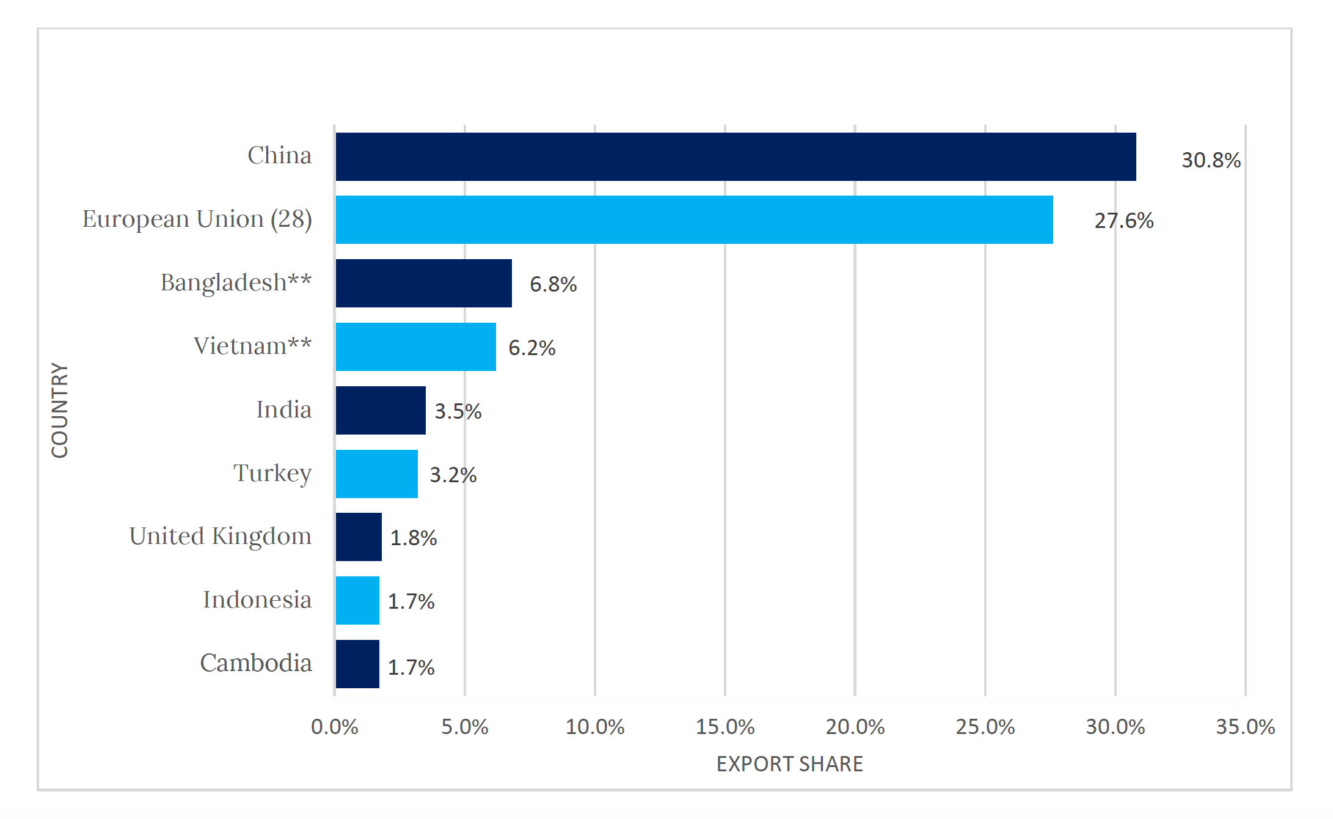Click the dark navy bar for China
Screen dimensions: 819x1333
tap(736, 156)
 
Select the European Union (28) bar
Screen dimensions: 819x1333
tap(694, 220)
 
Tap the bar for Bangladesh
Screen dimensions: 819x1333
tap(423, 283)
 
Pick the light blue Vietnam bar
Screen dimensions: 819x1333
tap(415, 347)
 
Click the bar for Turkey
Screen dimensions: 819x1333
tap(376, 474)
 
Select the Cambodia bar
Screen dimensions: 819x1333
tap(357, 664)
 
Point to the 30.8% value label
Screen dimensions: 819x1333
tap(1211, 160)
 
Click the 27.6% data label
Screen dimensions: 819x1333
tap(1123, 221)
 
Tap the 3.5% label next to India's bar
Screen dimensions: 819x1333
tap(458, 411)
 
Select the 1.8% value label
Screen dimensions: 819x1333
tap(414, 538)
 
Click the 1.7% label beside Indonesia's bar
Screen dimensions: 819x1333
tap(411, 601)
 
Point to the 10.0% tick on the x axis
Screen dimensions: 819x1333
tap(594, 727)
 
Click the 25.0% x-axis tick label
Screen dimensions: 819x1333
tap(985, 727)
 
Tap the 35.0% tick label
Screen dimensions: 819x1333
tap(1245, 727)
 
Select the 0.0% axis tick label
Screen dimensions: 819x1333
tap(334, 727)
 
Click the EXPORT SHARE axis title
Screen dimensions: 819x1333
tap(789, 764)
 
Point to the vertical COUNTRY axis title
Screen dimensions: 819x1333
tap(60, 410)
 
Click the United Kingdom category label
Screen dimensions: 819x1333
tap(220, 537)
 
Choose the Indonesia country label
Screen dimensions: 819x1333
tap(257, 600)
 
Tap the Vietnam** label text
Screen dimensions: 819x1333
tap(252, 347)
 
